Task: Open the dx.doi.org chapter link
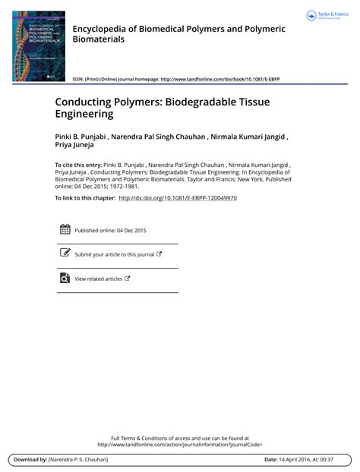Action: pos(178,197)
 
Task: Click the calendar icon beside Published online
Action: pos(65,229)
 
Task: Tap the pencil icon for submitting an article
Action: pos(65,253)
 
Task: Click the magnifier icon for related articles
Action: pos(65,278)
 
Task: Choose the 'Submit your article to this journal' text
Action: pos(114,254)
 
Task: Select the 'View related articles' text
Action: pos(98,278)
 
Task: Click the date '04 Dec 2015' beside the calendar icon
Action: pos(131,230)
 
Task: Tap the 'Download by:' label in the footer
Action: pos(30,460)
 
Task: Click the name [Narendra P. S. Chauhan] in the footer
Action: pos(78,460)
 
